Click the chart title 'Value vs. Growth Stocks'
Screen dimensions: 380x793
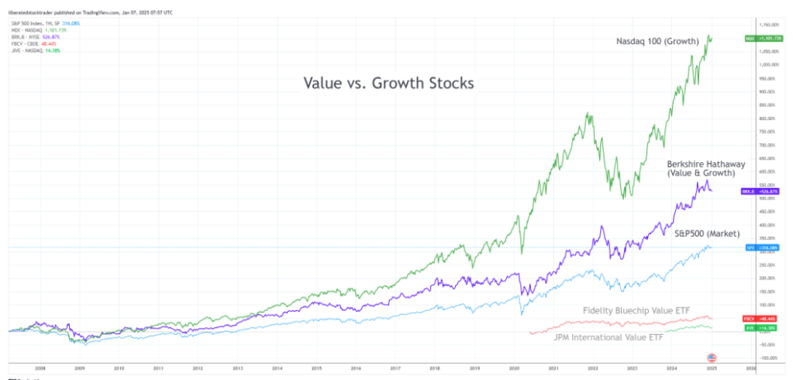[x=387, y=83]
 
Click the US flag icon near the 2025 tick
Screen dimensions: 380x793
[x=712, y=357]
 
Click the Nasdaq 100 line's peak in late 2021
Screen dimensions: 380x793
[x=590, y=115]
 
